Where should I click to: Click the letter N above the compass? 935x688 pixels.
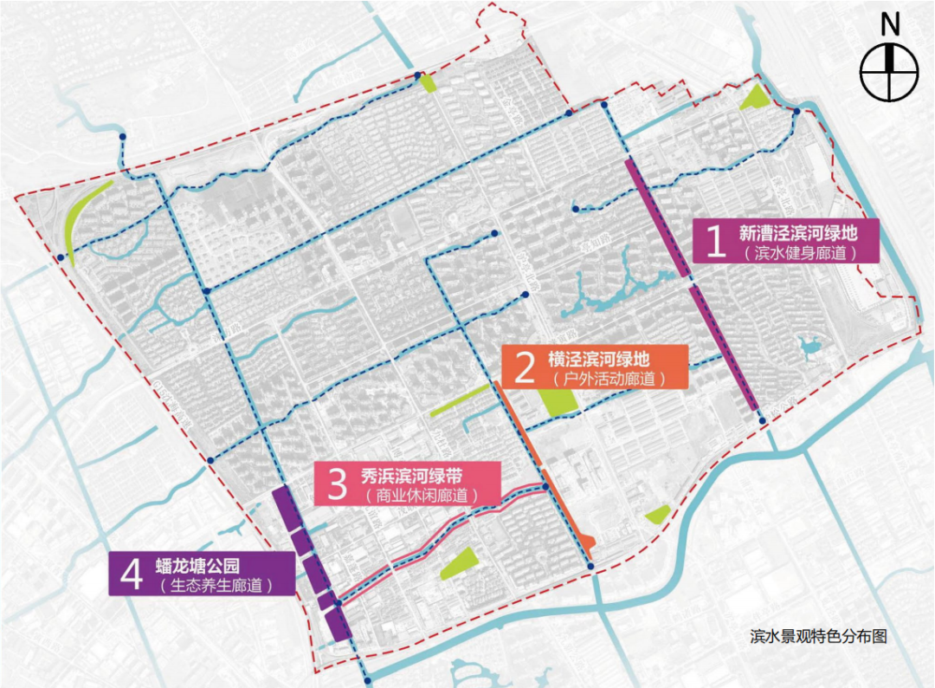pos(889,25)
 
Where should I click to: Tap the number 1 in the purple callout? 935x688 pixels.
pos(715,243)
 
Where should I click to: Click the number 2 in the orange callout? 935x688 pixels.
pos(524,367)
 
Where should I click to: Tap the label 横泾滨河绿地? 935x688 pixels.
pos(597,358)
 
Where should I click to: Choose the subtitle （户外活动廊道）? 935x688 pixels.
pos(597,379)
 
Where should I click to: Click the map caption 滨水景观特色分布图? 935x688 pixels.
pos(819,636)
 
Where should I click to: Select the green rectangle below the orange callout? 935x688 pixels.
pos(558,401)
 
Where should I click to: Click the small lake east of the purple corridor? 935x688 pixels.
pos(811,349)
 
